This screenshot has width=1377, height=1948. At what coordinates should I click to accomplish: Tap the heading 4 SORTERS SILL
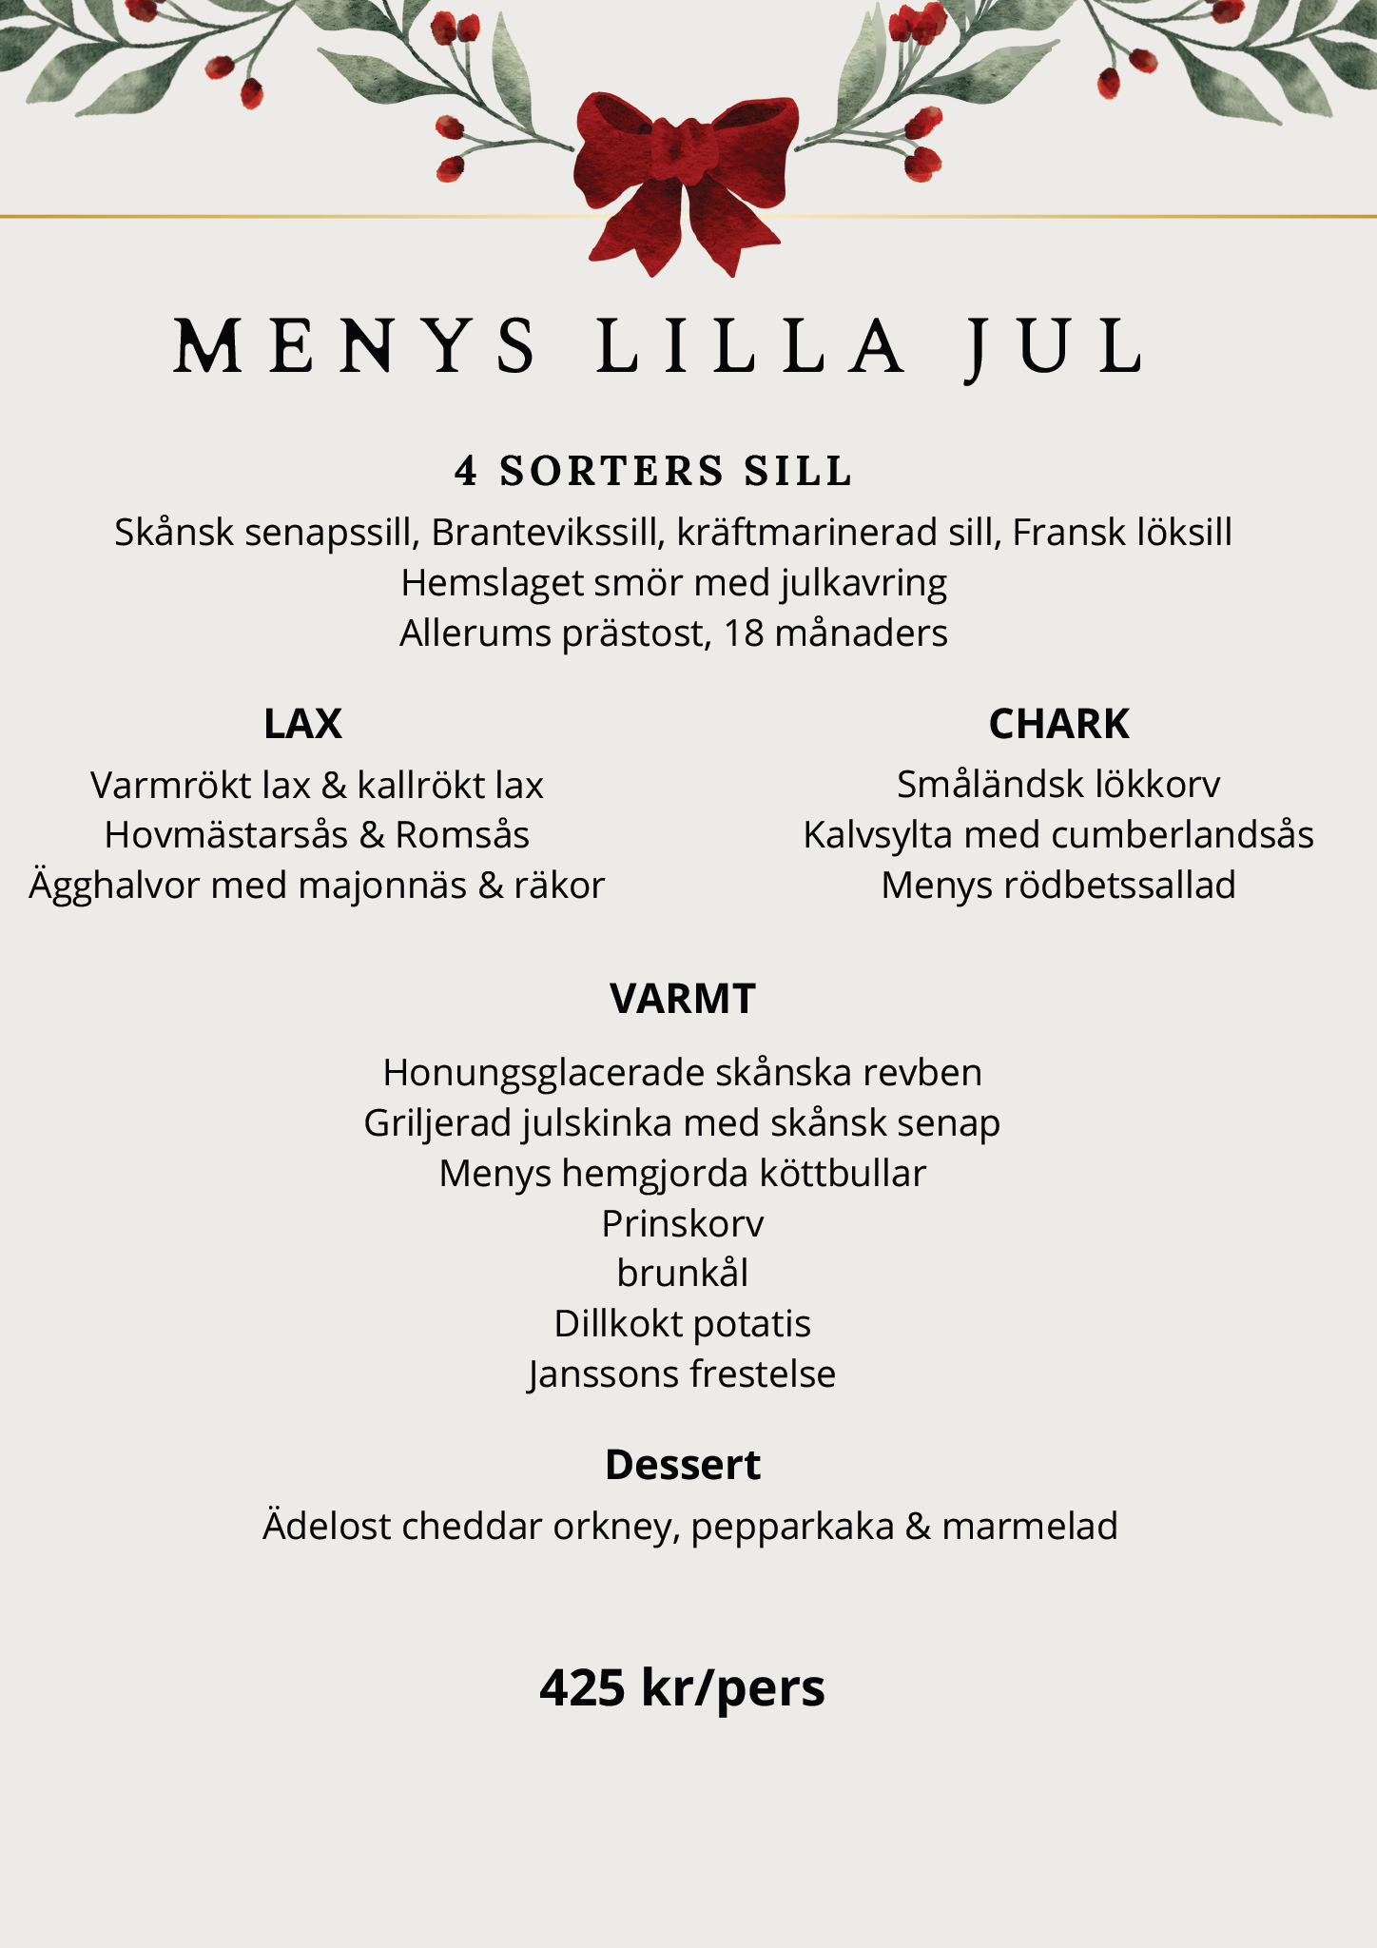pyautogui.click(x=653, y=471)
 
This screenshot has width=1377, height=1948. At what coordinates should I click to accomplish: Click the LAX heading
pyautogui.click(x=302, y=724)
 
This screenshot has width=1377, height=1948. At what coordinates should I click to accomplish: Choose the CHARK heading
pyautogui.click(x=1058, y=724)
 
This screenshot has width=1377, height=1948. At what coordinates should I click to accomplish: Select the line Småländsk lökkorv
pyautogui.click(x=1058, y=785)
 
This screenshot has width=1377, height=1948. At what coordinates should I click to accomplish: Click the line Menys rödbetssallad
pyautogui.click(x=1058, y=886)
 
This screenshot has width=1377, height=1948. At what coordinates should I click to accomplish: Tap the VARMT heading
pyautogui.click(x=683, y=999)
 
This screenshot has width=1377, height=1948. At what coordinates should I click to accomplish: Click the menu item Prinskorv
pyautogui.click(x=683, y=1224)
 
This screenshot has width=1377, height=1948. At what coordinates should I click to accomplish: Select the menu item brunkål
pyautogui.click(x=683, y=1274)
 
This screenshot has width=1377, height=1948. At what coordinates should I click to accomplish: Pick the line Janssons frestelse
pyautogui.click(x=683, y=1374)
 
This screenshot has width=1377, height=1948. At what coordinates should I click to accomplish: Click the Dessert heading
pyautogui.click(x=683, y=1465)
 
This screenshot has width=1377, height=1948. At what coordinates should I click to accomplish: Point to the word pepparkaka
pyautogui.click(x=792, y=1527)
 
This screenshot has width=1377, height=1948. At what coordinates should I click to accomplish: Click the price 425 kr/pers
pyautogui.click(x=683, y=1687)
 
